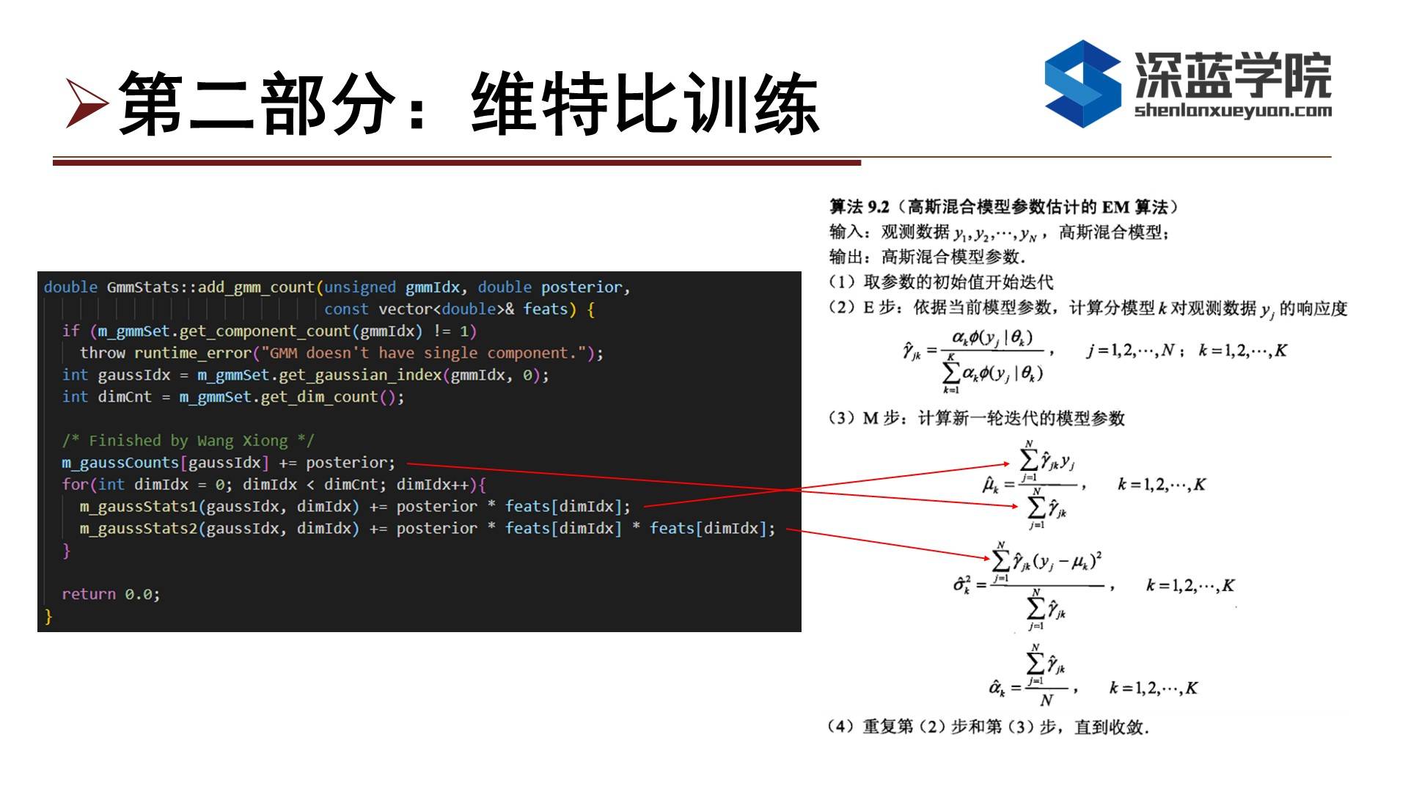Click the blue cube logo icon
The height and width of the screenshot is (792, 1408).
pos(1082,84)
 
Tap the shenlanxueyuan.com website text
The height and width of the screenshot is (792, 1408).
pos(1233,111)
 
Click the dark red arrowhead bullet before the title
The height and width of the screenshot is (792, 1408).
pos(87,103)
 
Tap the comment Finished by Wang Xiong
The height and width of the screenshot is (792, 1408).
pos(188,441)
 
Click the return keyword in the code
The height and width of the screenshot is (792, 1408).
pos(89,594)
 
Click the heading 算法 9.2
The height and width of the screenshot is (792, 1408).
pos(859,208)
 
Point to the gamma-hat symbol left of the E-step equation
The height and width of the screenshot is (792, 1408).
pos(912,351)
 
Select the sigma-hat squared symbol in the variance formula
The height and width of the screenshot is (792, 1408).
pos(961,585)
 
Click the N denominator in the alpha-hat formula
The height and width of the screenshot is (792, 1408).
pos(1046,700)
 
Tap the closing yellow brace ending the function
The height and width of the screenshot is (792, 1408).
pos(48,617)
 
